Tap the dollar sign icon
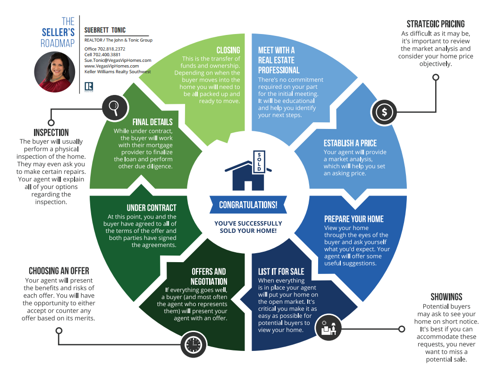tap(384, 112)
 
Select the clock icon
tap(194, 344)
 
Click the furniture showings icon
tap(329, 327)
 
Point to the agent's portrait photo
tap(55, 72)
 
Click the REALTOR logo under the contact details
tap(89, 86)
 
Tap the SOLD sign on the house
tap(259, 162)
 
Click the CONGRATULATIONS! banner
tap(248, 205)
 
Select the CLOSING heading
tap(228, 50)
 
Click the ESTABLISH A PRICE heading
tap(350, 143)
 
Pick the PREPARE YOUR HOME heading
tap(354, 219)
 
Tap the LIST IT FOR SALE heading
tap(281, 272)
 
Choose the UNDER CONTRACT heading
tap(152, 208)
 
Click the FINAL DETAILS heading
tap(152, 122)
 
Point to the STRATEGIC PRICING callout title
tap(436, 24)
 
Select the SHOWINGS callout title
tap(446, 297)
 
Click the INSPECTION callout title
tap(51, 132)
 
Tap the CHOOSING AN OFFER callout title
tap(59, 271)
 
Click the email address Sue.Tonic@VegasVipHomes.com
tap(118, 60)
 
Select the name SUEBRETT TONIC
tap(105, 30)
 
